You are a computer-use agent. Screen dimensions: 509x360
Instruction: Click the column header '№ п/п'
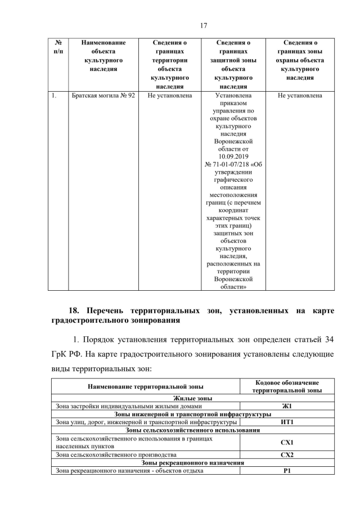pos(57,47)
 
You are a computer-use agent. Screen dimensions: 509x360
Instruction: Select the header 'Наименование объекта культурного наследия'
pos(103,56)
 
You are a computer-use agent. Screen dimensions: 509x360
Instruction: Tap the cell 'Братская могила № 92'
pos(103,96)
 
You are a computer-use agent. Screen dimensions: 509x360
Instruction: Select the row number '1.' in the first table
pos(53,96)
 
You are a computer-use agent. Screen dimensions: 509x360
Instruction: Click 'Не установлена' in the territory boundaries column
pos(170,96)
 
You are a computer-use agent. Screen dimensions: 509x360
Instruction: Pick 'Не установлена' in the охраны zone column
pos(300,96)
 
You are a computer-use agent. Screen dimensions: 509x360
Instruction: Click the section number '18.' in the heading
pos(76,310)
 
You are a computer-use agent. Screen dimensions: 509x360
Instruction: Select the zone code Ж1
pos(287,406)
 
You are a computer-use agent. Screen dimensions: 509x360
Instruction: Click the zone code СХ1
pos(287,442)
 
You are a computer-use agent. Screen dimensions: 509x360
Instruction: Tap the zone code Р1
pos(287,471)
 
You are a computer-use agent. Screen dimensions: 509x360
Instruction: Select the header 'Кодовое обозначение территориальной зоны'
pos(287,386)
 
